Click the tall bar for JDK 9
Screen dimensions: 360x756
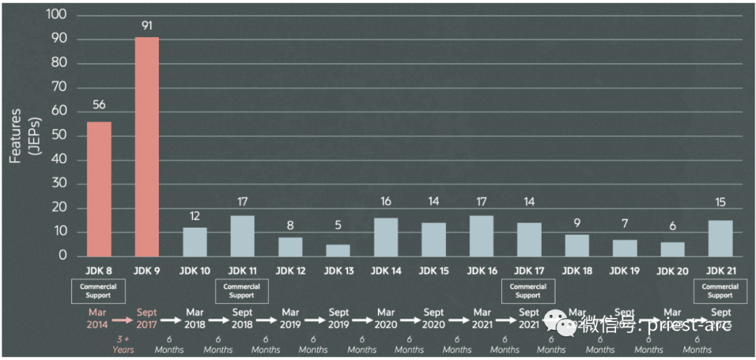coord(147,146)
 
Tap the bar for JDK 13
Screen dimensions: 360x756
coord(338,250)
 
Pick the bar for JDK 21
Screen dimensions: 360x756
coord(720,238)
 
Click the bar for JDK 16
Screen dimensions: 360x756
coord(482,235)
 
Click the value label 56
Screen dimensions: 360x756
coord(99,105)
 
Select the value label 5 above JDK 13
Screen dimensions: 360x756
coord(338,226)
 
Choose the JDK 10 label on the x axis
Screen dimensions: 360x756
coord(195,271)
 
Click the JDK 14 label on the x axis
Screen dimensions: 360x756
coord(386,271)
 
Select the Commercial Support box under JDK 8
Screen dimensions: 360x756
coord(98,291)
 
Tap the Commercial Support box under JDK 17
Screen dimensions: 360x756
coord(528,291)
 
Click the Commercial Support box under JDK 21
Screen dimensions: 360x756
coord(720,291)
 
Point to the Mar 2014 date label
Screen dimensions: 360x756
coord(99,319)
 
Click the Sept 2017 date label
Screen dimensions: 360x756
coord(147,319)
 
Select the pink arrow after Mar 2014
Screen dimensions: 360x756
coord(122,319)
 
